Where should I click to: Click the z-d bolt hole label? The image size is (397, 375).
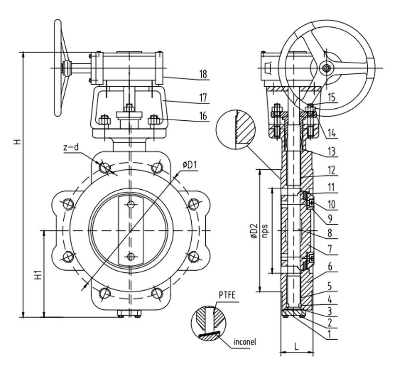(71, 148)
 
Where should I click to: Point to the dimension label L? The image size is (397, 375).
(296, 347)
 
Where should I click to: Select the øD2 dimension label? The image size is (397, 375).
(253, 232)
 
